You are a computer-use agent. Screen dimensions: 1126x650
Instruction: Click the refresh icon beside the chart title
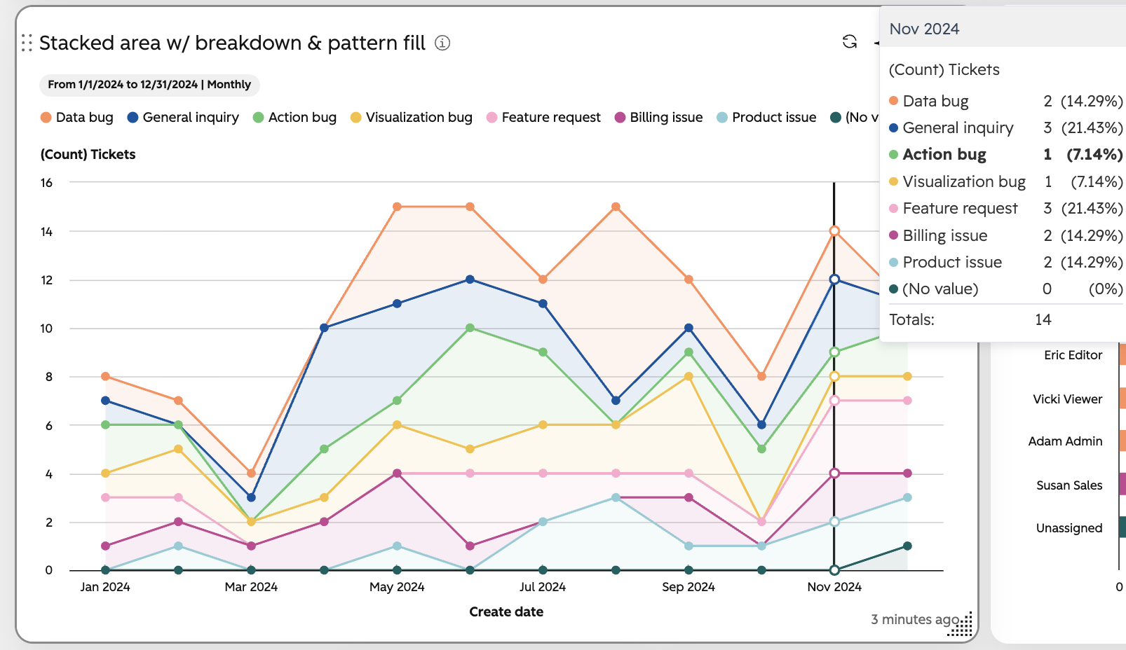850,42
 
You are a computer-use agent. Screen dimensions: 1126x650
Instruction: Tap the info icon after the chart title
442,43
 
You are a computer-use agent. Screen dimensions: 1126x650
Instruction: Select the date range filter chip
149,84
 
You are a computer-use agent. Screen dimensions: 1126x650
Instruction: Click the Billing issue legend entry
658,118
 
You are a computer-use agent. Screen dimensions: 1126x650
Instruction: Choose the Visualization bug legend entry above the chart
411,118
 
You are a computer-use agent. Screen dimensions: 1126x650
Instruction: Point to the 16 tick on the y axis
47,183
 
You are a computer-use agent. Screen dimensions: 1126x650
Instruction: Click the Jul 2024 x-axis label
543,587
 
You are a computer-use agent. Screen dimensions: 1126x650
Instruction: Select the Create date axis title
506,611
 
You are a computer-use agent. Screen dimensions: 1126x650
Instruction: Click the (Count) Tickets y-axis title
88,154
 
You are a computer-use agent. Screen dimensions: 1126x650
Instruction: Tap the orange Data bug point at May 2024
397,207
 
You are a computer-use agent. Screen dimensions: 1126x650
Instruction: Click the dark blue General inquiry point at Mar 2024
251,498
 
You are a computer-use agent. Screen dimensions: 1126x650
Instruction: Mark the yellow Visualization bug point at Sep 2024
689,376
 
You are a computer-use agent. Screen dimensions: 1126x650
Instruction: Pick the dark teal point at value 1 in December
907,546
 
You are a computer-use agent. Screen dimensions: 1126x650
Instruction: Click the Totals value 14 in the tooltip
1043,319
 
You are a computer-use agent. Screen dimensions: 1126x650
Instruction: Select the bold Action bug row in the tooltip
1005,154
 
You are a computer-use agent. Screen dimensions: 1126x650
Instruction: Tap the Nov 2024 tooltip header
924,29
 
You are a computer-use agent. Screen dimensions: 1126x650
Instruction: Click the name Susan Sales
1069,485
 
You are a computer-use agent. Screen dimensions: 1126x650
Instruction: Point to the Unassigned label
1069,528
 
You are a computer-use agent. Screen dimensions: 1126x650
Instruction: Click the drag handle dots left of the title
27,43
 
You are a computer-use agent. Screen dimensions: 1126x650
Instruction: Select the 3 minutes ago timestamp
915,619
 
